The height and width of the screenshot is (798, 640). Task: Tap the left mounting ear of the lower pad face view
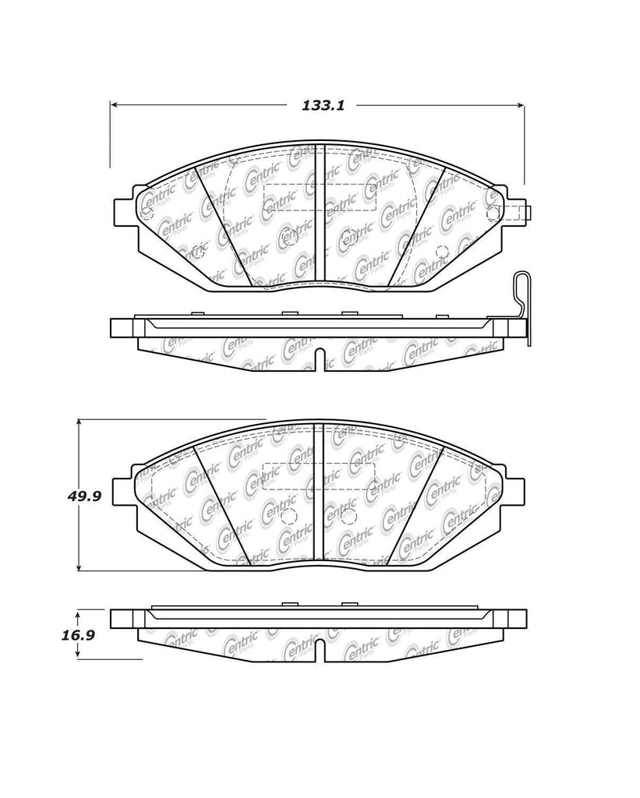(x=123, y=489)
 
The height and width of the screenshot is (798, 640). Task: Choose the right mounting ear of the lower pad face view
(x=515, y=489)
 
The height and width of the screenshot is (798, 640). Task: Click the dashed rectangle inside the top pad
(x=320, y=198)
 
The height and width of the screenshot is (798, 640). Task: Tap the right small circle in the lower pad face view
(x=348, y=516)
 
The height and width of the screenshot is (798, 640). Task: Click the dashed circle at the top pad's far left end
(x=147, y=211)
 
